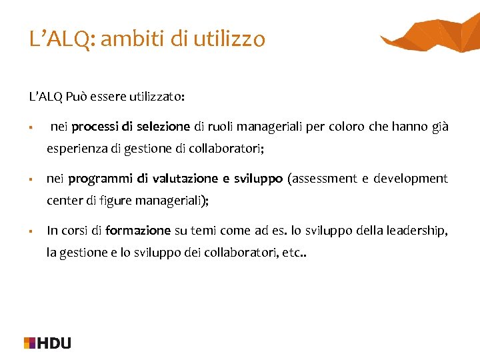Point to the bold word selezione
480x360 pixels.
pos(165,127)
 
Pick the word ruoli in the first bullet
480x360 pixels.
pos(221,127)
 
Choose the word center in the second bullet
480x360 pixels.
pos(62,201)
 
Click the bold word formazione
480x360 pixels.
pos(138,231)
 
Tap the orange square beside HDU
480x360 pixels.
pos(30,343)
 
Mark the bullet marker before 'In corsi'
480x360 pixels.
pos(31,231)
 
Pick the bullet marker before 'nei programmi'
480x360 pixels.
pos(31,179)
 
